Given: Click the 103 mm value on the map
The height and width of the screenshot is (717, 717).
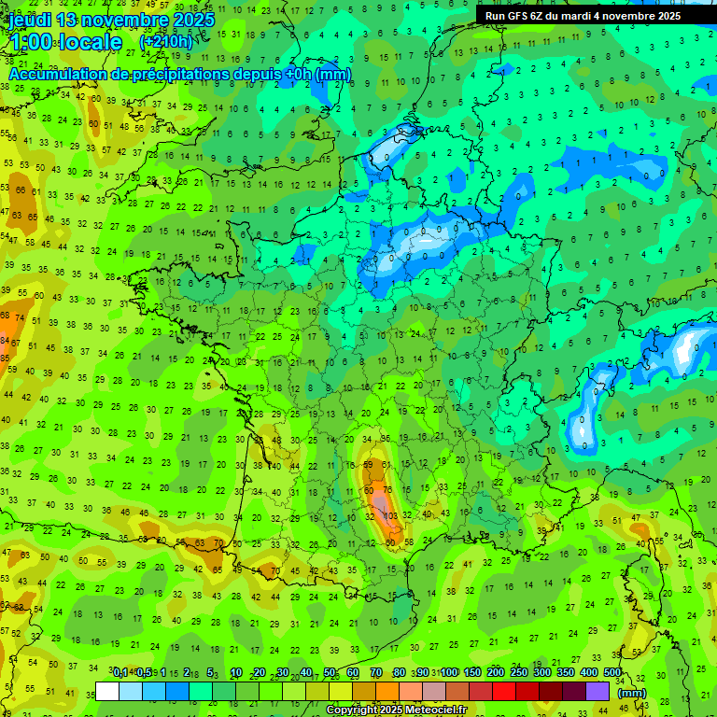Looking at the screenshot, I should click(391, 515).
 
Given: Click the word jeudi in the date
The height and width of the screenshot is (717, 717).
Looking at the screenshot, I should click(30, 20).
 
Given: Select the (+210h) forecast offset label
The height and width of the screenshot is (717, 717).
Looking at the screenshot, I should click(165, 42).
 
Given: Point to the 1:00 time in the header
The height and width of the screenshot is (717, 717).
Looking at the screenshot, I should click(32, 42).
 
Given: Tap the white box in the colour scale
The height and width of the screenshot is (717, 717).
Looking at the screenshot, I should click(107, 692).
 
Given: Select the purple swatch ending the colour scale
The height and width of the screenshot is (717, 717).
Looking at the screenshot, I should click(597, 692).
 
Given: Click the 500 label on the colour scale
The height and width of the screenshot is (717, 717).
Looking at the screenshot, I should click(612, 673).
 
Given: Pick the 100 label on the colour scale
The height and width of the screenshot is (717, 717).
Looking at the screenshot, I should click(449, 673).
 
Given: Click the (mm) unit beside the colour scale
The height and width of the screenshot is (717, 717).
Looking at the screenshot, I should click(632, 693).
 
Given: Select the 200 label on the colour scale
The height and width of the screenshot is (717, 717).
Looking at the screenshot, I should click(496, 673).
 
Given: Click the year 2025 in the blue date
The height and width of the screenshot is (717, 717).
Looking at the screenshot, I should click(192, 20).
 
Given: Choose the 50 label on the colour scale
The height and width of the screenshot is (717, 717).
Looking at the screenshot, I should click(330, 673).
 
